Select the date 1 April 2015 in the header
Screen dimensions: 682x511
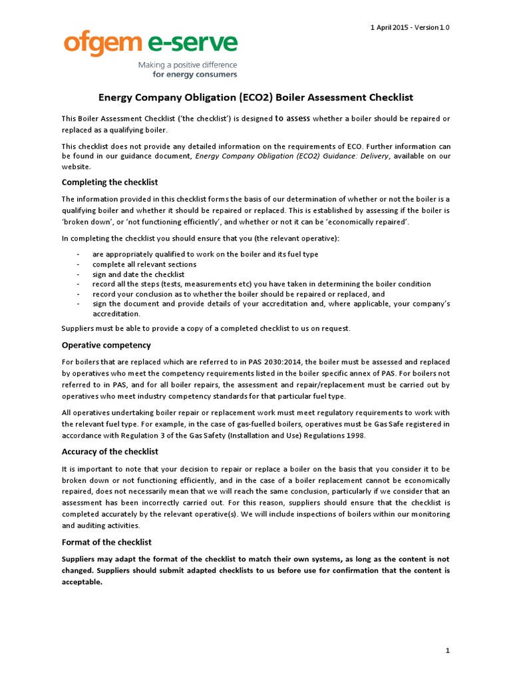[x=391, y=27]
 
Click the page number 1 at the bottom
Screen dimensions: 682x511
[x=448, y=649]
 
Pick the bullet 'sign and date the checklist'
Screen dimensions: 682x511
[x=138, y=274]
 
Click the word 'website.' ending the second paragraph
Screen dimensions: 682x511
[x=77, y=167]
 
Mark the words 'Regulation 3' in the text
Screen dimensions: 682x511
[x=143, y=436]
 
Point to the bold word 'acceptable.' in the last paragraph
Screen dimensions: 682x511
[x=83, y=581]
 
